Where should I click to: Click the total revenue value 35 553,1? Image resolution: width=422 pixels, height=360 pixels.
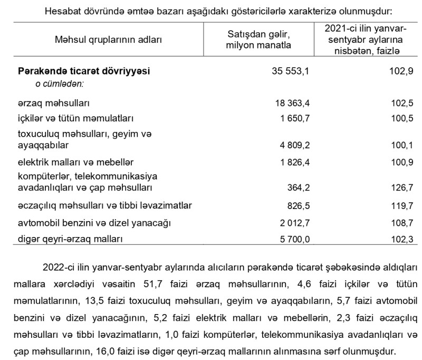click(290, 71)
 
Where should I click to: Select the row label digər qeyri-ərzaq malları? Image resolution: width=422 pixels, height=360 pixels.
click(70, 239)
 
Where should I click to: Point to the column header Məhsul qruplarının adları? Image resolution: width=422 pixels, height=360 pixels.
click(108, 40)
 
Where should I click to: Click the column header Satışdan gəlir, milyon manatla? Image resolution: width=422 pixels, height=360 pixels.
click(258, 40)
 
